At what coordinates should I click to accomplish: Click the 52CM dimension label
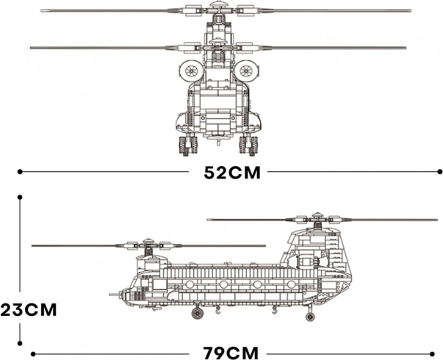(x=232, y=173)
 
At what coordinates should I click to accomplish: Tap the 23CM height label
(x=28, y=310)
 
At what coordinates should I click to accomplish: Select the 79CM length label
(x=231, y=353)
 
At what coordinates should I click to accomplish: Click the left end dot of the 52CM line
(x=20, y=171)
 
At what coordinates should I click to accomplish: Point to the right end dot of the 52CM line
(x=439, y=171)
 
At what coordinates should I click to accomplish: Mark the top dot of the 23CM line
(x=20, y=197)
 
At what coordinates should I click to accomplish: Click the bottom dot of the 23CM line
(x=20, y=343)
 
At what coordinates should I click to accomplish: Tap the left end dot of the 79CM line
(x=33, y=354)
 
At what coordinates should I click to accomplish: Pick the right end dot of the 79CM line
(x=432, y=354)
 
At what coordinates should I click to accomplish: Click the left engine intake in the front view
(x=190, y=70)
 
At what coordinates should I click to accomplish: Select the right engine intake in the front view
(x=246, y=70)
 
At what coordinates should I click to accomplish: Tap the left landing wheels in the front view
(x=188, y=145)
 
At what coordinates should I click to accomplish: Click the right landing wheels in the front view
(x=248, y=145)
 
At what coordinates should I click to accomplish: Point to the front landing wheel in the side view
(x=198, y=313)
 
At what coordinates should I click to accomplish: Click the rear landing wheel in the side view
(x=310, y=316)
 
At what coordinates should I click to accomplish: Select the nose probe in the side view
(x=116, y=295)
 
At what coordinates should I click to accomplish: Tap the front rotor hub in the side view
(x=148, y=244)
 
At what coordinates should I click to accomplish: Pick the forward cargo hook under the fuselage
(x=217, y=311)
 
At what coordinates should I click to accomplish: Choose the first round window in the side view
(x=190, y=284)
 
